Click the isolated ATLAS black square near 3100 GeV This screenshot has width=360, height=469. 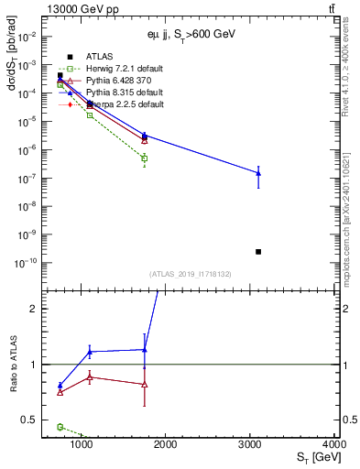pyautogui.click(x=258, y=251)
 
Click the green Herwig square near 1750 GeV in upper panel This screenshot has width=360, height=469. pyautogui.click(x=145, y=158)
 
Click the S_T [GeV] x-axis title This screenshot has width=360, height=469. pyautogui.click(x=314, y=456)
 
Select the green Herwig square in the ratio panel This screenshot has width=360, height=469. pyautogui.click(x=60, y=427)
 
